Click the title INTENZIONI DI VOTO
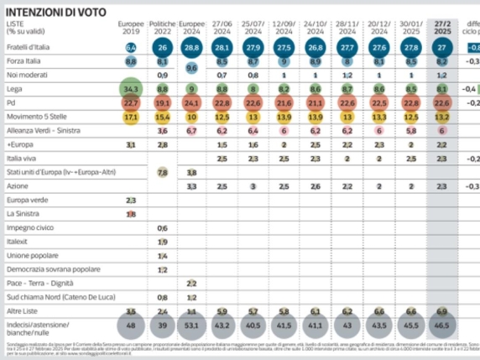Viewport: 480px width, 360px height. [x=56, y=11]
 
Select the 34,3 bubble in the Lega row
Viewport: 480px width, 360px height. [x=130, y=87]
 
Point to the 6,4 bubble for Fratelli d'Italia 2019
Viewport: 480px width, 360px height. [x=130, y=49]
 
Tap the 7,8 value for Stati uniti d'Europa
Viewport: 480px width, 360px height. [x=162, y=171]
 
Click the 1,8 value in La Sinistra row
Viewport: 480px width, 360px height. [x=130, y=214]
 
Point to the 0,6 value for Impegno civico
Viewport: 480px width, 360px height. [x=162, y=228]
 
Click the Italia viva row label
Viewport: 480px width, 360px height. [x=22, y=158]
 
